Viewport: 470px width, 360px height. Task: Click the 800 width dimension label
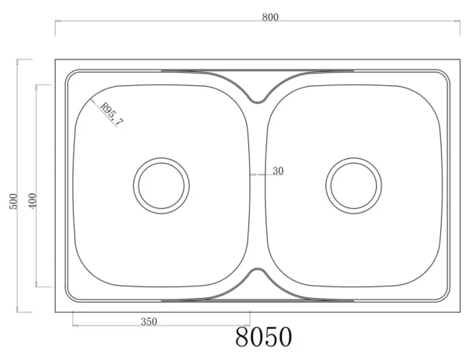point(270,17)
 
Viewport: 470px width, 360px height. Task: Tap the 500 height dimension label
point(13,202)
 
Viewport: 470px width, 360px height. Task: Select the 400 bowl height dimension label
point(32,200)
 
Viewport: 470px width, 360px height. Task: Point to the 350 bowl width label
point(149,322)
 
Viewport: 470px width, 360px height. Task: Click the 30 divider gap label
point(278,171)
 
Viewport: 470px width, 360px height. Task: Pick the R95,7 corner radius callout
point(112,114)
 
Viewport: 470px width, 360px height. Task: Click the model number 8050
point(263,337)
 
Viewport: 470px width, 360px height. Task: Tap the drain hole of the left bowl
point(161,185)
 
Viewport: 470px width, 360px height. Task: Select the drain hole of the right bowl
point(354,185)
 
